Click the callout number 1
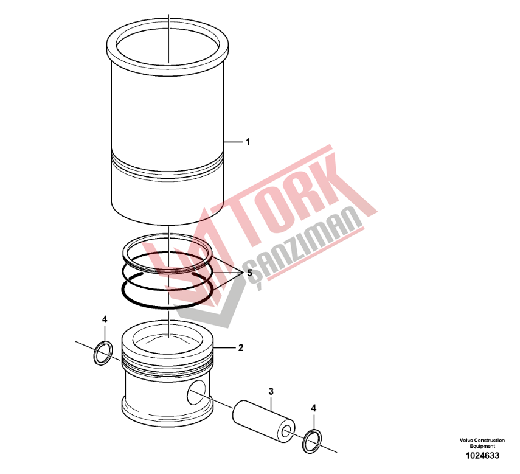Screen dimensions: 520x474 tap(248, 142)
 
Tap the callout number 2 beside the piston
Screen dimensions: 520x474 tap(241, 347)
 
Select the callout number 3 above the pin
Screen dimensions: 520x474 tap(271, 391)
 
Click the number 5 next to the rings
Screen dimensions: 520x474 tap(249, 273)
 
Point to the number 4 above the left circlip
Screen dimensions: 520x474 tap(105, 319)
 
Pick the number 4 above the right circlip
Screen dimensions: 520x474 tap(314, 408)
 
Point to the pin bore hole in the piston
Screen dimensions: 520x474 tap(196, 392)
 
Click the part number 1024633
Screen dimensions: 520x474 tap(482, 456)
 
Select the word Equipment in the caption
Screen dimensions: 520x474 tap(482, 446)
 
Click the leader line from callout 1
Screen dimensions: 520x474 tap(233, 142)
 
